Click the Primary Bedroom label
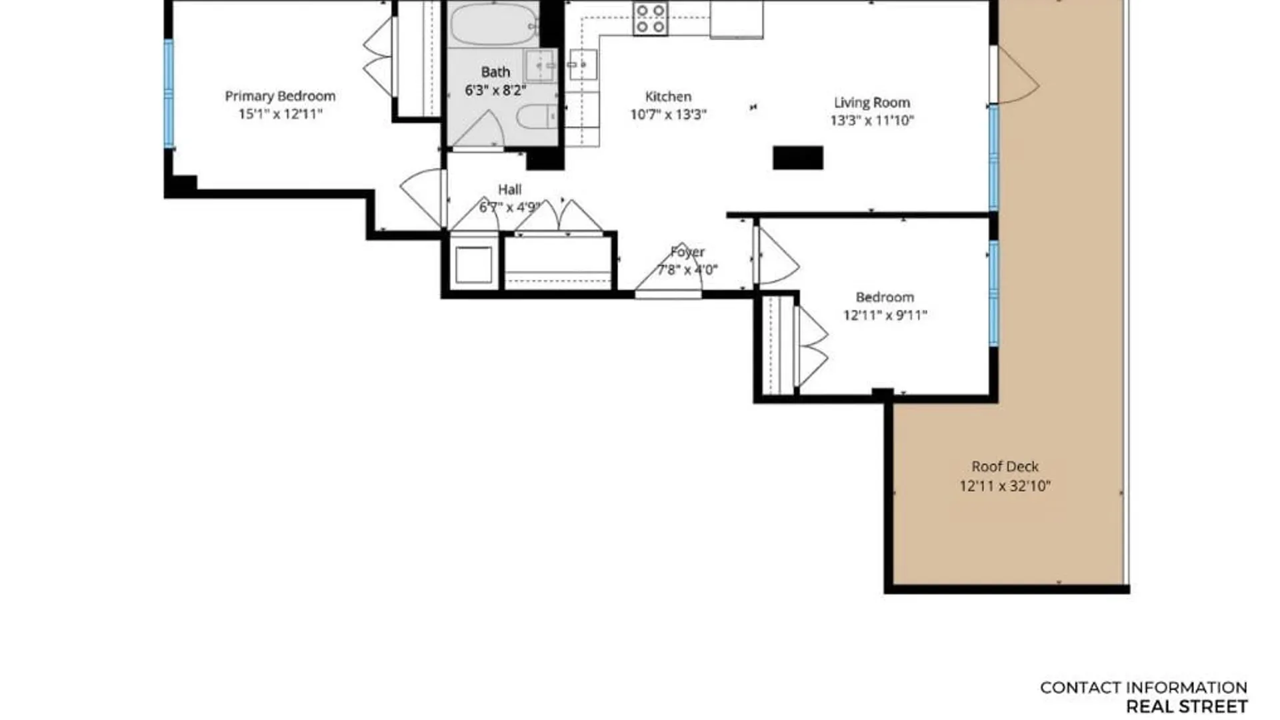280,96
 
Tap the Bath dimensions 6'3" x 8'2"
495,90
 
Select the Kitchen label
668,97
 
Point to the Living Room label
871,103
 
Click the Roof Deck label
1005,467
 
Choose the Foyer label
687,252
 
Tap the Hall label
509,189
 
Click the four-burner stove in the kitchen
650,19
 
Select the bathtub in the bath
494,24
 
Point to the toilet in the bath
536,117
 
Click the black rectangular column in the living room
798,158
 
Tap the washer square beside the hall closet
474,265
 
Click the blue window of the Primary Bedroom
169,93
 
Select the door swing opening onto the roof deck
1013,75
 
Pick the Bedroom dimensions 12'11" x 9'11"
885,315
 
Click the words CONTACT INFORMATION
1143,687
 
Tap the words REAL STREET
1187,707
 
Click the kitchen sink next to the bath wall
583,65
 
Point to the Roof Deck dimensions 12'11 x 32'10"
1005,486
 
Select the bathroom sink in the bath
540,65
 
